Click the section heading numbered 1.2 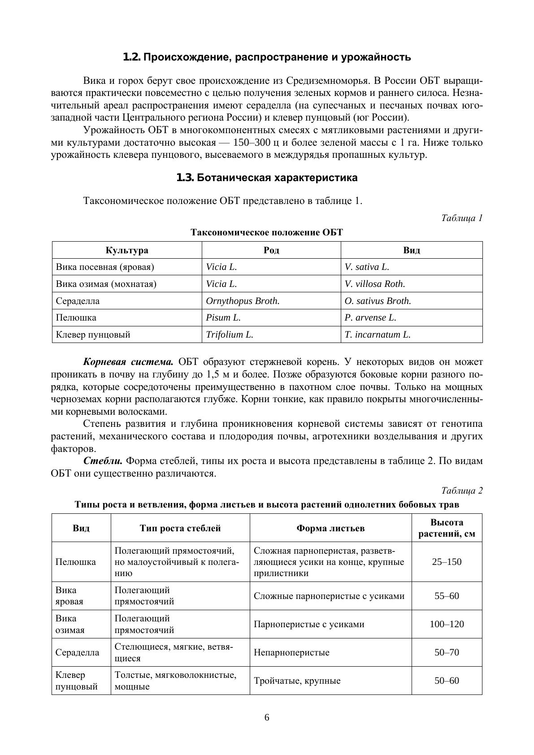click(x=267, y=57)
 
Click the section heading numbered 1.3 click(x=267, y=178)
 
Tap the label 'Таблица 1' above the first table click(x=461, y=218)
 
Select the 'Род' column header click(x=271, y=250)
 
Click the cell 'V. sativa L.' click(x=367, y=267)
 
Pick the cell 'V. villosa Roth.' click(x=375, y=284)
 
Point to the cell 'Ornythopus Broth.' click(x=243, y=301)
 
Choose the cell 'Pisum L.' click(x=223, y=318)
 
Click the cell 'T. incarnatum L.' click(x=378, y=335)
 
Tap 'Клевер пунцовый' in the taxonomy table click(x=93, y=335)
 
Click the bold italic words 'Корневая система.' click(x=129, y=362)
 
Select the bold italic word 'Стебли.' click(x=103, y=461)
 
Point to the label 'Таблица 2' click(x=461, y=491)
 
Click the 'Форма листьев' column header click(x=330, y=529)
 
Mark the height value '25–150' click(x=447, y=562)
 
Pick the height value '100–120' click(x=447, y=625)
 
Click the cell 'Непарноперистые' click(x=291, y=653)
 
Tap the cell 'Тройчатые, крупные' click(x=297, y=681)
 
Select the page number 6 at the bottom click(x=267, y=718)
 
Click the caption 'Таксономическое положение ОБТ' click(x=267, y=232)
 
